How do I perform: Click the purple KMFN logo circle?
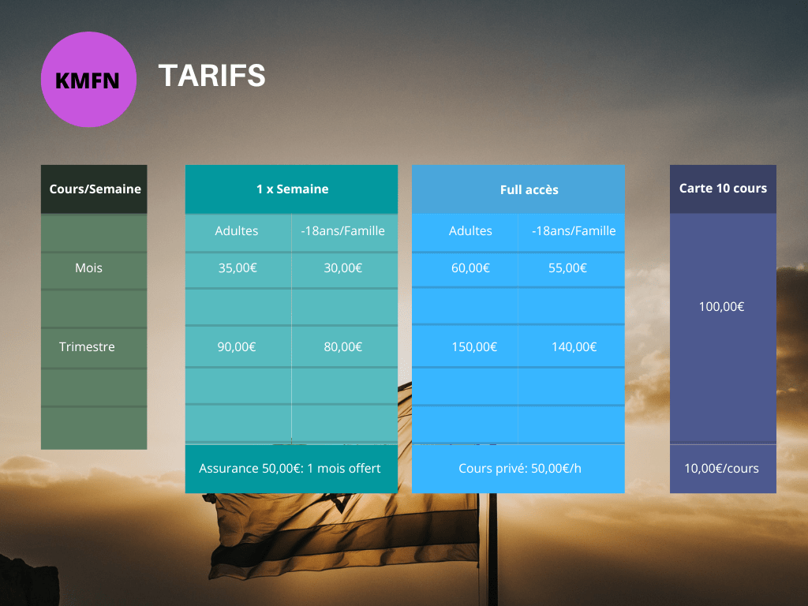(88, 80)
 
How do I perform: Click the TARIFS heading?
(211, 76)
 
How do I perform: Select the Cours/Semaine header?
(95, 189)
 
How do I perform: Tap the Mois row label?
(88, 268)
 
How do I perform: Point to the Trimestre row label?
(87, 347)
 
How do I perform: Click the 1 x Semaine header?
(292, 189)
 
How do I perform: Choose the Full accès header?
(529, 189)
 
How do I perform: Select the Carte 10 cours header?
(723, 188)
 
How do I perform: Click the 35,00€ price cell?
(238, 268)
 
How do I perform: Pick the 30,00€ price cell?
(343, 268)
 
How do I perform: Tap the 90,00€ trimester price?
(237, 347)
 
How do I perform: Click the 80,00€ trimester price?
(343, 347)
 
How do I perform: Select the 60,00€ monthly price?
(470, 268)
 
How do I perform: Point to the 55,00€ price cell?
(567, 268)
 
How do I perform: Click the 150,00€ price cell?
(474, 347)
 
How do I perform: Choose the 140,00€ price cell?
(574, 347)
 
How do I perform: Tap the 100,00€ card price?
(721, 307)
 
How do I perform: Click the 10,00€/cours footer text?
(721, 469)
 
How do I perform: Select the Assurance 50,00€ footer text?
(290, 469)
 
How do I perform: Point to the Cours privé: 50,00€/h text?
(520, 469)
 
